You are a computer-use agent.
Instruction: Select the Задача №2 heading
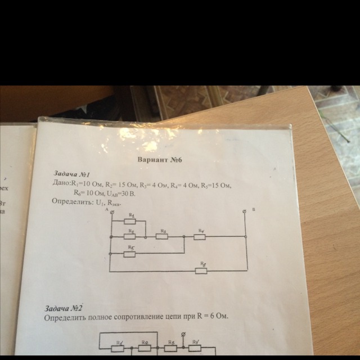[64, 308]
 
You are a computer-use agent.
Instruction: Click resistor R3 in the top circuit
[163, 236]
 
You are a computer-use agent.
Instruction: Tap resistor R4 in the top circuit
[199, 236]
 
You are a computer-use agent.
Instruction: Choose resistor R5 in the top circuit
[130, 253]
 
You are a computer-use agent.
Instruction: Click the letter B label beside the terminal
[254, 209]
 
